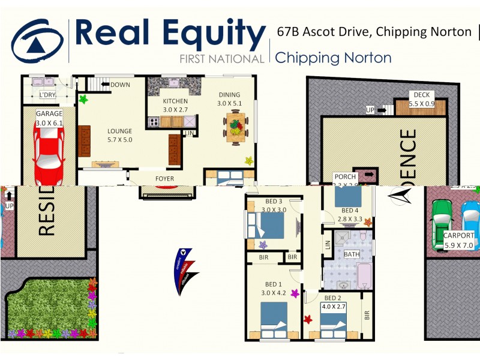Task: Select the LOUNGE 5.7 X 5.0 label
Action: [119, 135]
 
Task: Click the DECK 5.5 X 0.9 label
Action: [421, 99]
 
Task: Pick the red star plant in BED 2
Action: [308, 319]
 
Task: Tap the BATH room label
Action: [351, 254]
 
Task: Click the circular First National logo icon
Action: [37, 40]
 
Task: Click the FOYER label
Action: [165, 178]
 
